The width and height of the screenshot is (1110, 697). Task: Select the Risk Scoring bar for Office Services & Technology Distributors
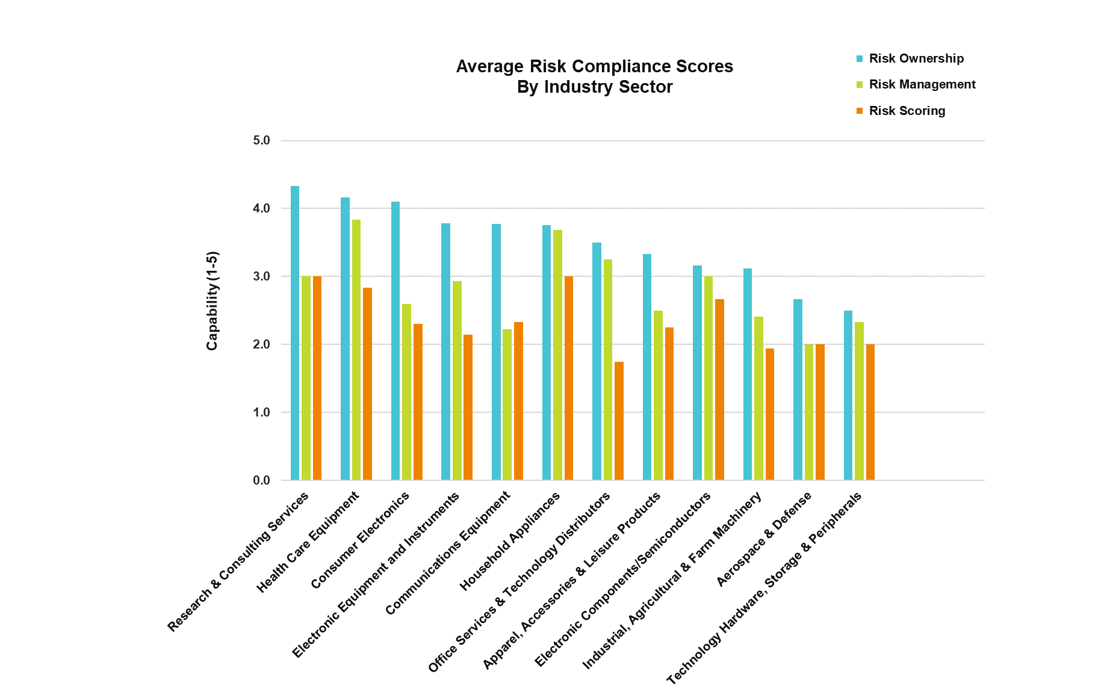[x=619, y=421]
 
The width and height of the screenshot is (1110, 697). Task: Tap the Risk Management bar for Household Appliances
[x=557, y=355]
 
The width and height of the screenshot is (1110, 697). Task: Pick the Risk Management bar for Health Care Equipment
[x=356, y=350]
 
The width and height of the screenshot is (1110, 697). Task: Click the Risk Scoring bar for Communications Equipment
[x=518, y=401]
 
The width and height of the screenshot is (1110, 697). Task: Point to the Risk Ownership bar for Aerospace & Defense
[x=798, y=389]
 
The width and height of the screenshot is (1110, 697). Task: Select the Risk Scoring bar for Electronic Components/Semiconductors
[x=719, y=389]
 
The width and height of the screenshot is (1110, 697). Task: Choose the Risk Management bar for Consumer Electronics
[x=407, y=392]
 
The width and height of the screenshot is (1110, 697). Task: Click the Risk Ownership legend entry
[x=916, y=58]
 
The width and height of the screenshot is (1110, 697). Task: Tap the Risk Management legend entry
[x=922, y=84]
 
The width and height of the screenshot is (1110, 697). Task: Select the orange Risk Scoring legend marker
[x=860, y=111]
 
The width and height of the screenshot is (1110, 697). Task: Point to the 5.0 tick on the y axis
[x=262, y=140]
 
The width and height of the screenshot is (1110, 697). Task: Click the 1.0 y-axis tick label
[x=262, y=412]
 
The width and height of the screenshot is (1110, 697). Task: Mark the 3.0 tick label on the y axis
[x=262, y=276]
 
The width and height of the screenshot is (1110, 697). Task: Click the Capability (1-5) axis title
[x=212, y=300]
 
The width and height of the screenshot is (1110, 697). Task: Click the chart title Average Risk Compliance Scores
[x=594, y=66]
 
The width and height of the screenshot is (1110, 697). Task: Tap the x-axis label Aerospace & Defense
[x=764, y=539]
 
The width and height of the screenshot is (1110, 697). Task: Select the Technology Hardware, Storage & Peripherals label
[x=764, y=589]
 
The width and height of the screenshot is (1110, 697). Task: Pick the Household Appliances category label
[x=510, y=541]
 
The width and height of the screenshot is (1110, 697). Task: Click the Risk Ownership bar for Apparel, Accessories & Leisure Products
[x=647, y=367]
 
